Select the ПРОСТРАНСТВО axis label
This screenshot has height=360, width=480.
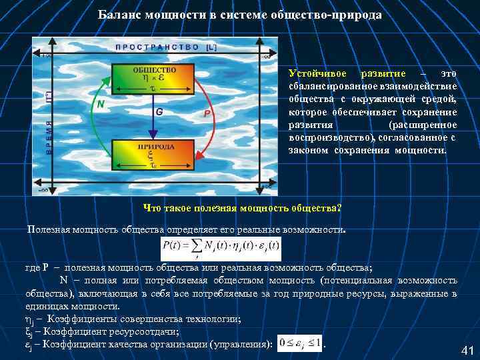pyautogui.click(x=157, y=47)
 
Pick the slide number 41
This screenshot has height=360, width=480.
pyautogui.click(x=467, y=351)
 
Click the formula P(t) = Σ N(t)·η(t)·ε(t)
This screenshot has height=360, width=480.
pyautogui.click(x=221, y=249)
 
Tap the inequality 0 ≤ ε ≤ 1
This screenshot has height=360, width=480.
pyautogui.click(x=299, y=343)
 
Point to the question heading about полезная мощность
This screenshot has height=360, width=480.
pyautogui.click(x=242, y=207)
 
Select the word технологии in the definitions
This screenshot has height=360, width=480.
pyautogui.click(x=200, y=319)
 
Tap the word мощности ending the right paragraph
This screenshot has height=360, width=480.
pyautogui.click(x=426, y=150)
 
